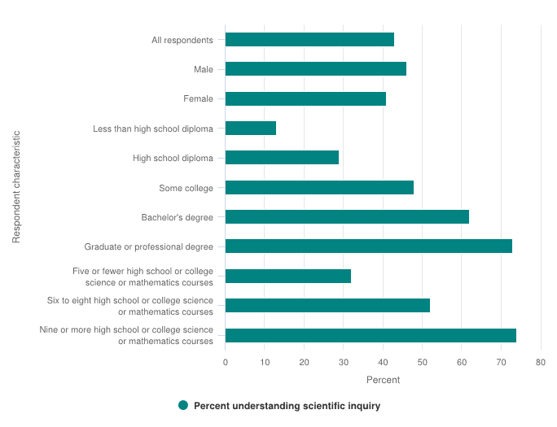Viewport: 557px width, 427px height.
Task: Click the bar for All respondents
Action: (x=309, y=40)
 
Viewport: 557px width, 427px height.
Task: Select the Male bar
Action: (x=316, y=69)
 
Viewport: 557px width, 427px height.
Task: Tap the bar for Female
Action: (x=305, y=98)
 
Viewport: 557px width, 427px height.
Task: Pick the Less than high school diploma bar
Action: (x=251, y=128)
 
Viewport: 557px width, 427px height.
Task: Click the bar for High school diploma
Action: (x=282, y=157)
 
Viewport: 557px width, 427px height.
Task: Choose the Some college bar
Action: (x=319, y=188)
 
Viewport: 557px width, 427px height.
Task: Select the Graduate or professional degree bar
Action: (x=369, y=246)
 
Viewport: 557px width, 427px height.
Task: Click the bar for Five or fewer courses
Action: (x=288, y=276)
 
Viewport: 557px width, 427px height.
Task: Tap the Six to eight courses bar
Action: (x=327, y=305)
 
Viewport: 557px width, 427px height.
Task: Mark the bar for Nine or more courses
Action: (x=371, y=335)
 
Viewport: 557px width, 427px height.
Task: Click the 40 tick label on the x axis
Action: (x=383, y=363)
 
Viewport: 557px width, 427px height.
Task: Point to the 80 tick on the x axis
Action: (x=540, y=363)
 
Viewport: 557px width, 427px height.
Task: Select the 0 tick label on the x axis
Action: (x=226, y=363)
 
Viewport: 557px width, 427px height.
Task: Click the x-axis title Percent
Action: (x=383, y=380)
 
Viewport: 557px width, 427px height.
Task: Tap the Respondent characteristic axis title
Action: (x=16, y=187)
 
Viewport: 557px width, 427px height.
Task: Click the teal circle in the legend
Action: (x=183, y=406)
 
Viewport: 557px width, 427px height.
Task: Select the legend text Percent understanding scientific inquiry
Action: (x=287, y=406)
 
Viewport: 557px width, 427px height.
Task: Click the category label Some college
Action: (x=186, y=188)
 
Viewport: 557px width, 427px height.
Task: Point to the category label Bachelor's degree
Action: (x=177, y=217)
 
